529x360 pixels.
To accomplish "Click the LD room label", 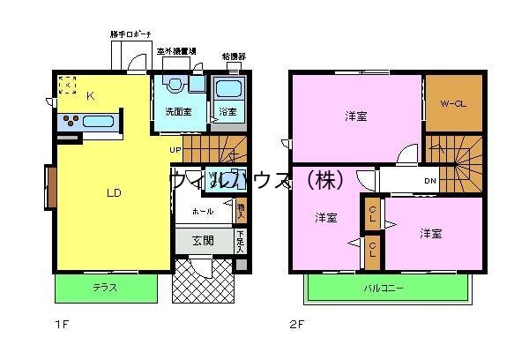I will click(x=115, y=192).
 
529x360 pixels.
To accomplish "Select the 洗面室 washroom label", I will click(x=179, y=112).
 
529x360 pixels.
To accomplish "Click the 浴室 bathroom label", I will click(x=227, y=112).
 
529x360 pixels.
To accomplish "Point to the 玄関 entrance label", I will click(x=202, y=240).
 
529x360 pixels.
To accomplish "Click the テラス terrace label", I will click(x=106, y=289).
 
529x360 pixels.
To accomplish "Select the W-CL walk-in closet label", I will click(x=453, y=103).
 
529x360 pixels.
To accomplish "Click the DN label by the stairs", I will click(x=430, y=182).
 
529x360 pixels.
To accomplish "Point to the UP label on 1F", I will click(x=176, y=149).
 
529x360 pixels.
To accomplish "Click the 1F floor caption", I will click(x=60, y=324).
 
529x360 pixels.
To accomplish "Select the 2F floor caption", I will click(x=296, y=324).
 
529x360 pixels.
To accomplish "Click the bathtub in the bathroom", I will click(x=228, y=89).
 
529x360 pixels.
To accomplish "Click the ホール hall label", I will click(x=201, y=213).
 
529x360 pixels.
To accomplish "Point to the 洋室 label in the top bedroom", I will click(x=356, y=116).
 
